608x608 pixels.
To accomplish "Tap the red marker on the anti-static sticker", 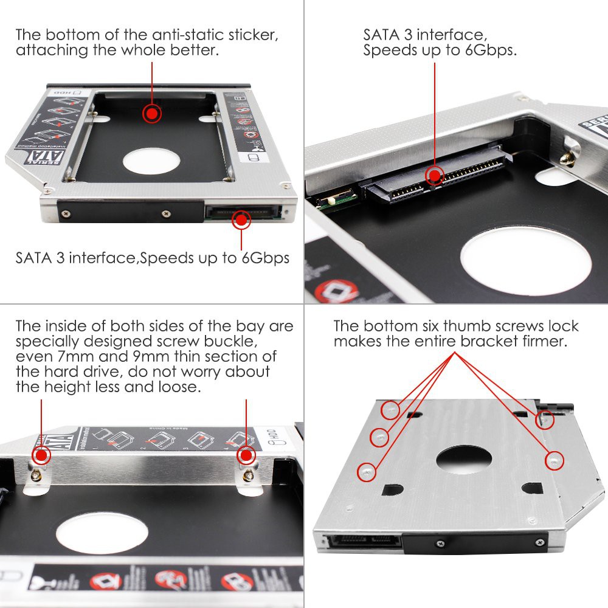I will point(151,114).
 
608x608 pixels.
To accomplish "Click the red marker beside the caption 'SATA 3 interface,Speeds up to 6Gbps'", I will point(242,219).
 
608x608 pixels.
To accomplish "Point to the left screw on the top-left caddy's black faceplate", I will point(64,213).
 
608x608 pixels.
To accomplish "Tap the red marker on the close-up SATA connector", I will point(434,176).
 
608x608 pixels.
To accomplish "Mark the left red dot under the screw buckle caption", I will point(41,455).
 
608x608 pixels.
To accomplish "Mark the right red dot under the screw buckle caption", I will point(246,455).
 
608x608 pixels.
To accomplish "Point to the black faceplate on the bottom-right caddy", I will point(474,539).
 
